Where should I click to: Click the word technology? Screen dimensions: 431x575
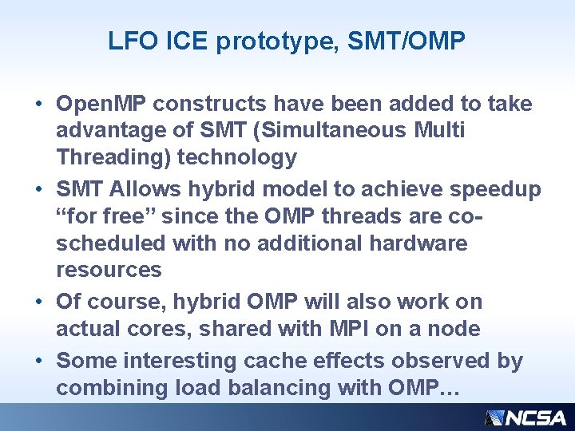coord(236,157)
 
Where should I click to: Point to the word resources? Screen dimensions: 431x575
coord(109,270)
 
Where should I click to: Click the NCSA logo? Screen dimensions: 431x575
coord(525,417)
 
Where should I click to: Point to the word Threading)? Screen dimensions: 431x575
coord(113,157)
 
